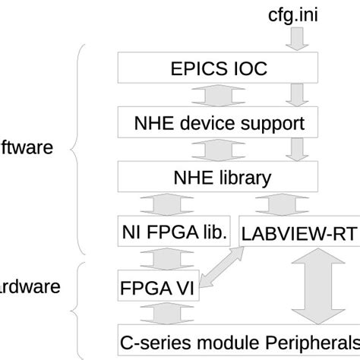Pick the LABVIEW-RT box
tap(298, 233)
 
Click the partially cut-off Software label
tap(27, 147)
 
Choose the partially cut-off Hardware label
tap(30, 289)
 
